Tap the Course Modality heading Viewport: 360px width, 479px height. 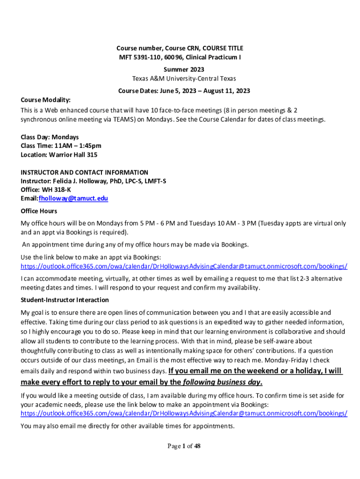point(45,100)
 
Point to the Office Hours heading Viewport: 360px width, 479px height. point(39,211)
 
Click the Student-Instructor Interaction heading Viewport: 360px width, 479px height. point(65,300)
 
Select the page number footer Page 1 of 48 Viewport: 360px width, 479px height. point(184,446)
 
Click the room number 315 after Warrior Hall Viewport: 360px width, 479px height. point(92,155)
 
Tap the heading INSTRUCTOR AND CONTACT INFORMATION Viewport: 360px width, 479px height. point(84,172)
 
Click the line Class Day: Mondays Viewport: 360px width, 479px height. point(50,137)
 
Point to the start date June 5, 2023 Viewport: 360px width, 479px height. point(173,91)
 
